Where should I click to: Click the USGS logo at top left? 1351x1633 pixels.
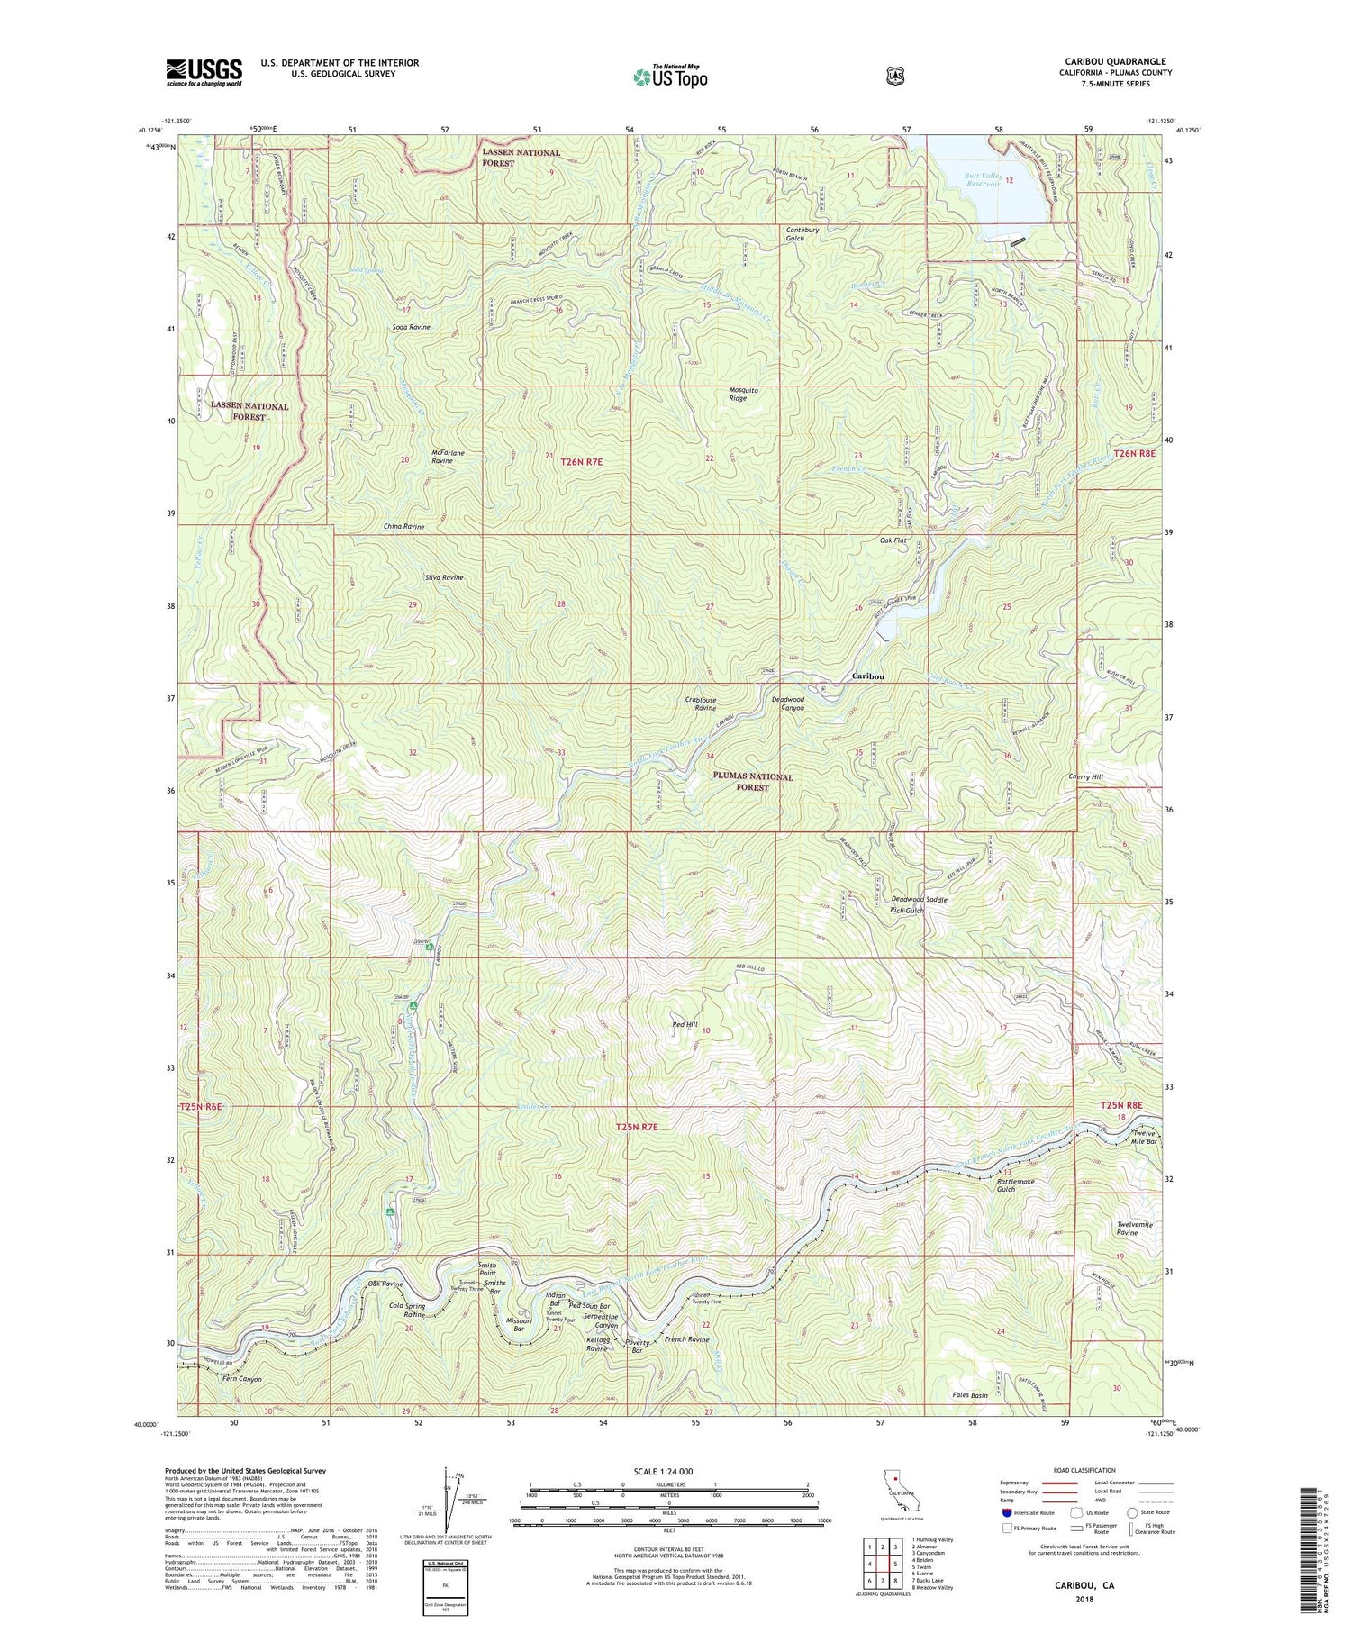point(204,72)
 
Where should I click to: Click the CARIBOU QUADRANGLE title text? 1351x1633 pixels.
point(1115,61)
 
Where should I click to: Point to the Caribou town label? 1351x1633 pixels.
point(868,676)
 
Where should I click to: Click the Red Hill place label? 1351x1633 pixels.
point(685,1024)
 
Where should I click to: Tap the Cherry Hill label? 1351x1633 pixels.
point(1084,776)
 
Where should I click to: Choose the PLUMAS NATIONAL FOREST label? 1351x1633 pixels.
point(753,781)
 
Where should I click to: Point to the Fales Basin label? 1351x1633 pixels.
point(970,1395)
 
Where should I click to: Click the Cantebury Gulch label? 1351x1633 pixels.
point(802,234)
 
